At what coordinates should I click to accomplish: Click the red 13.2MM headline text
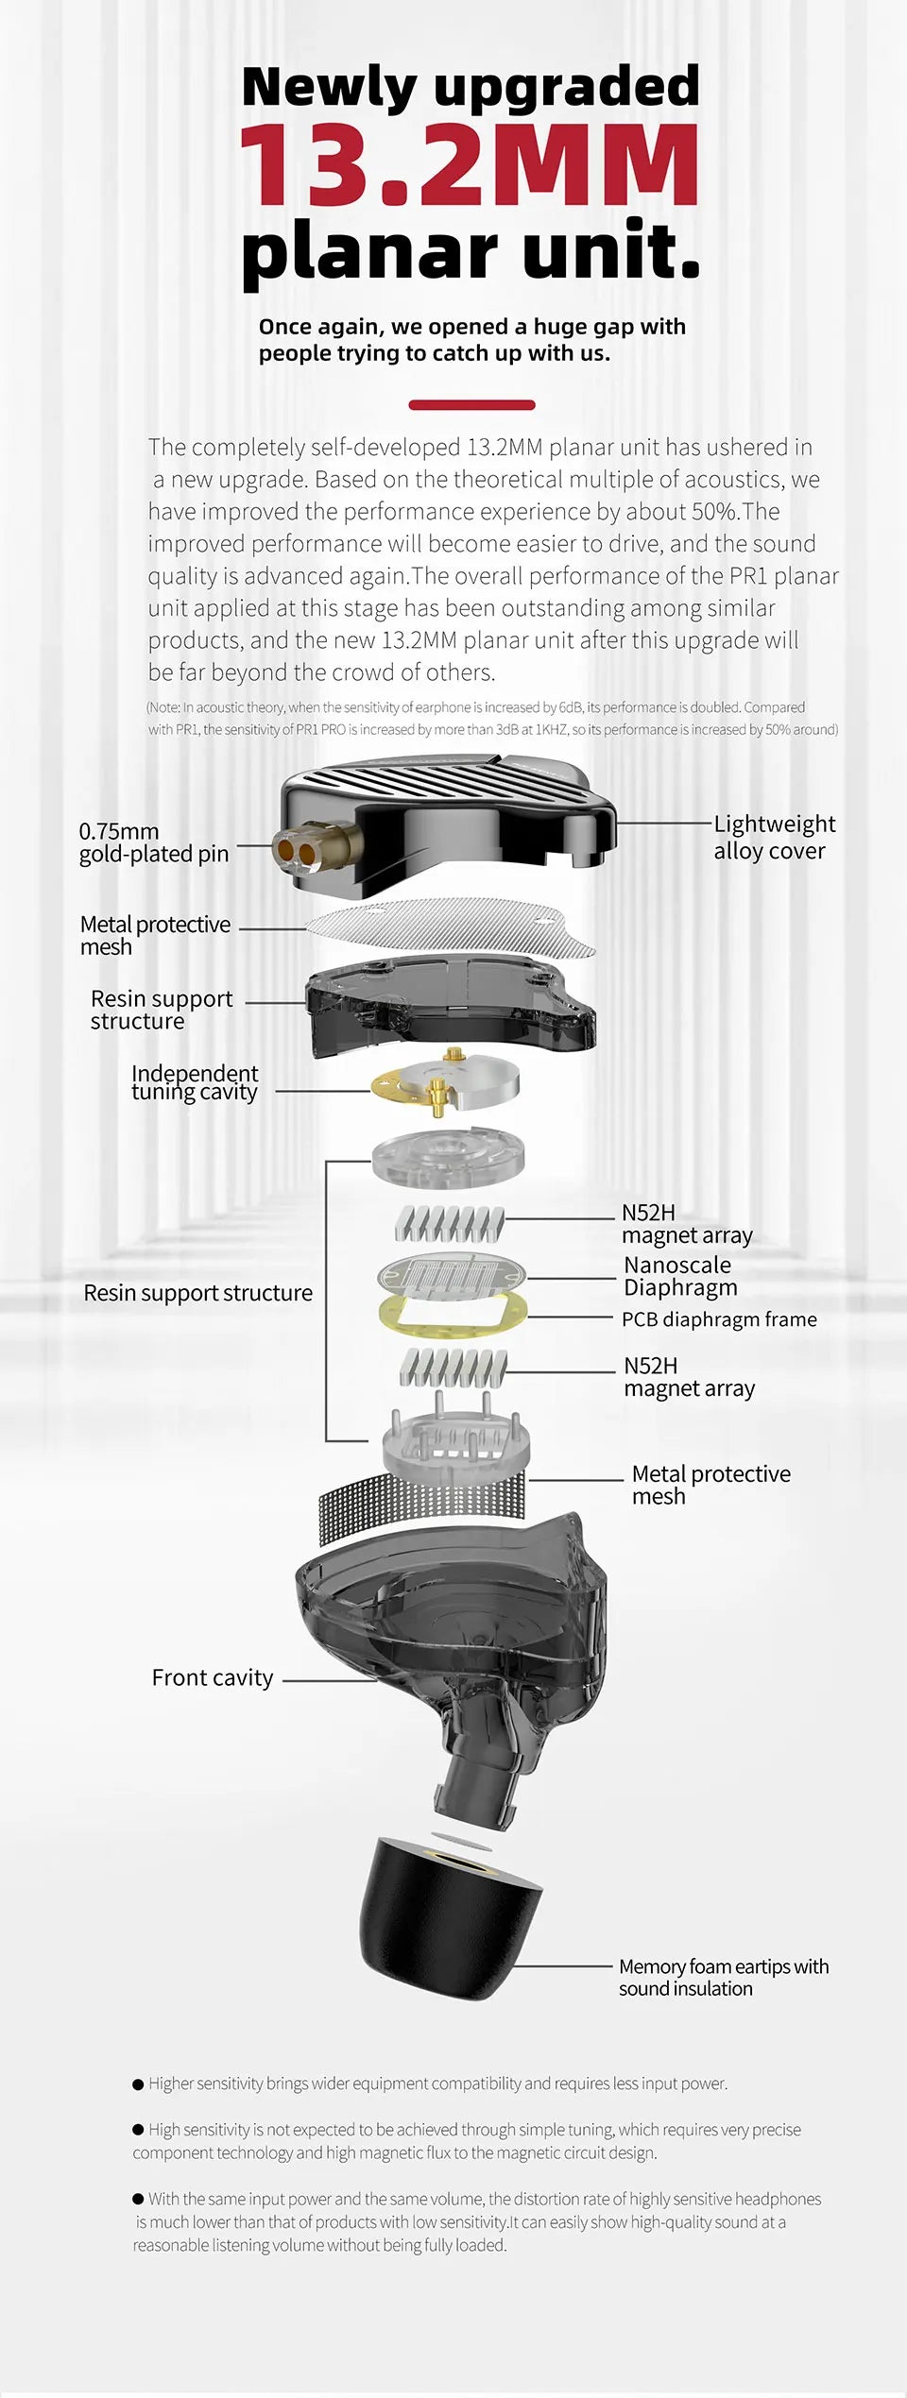(470, 166)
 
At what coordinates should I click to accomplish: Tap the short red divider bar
(471, 405)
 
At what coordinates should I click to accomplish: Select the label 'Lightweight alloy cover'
(773, 837)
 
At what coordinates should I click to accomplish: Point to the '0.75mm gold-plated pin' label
(153, 842)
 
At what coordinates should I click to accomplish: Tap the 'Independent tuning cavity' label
(194, 1082)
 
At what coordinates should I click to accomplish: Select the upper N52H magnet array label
(686, 1224)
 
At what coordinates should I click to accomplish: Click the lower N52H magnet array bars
(453, 1367)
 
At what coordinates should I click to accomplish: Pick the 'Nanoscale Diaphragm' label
(680, 1276)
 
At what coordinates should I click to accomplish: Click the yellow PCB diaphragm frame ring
(452, 1317)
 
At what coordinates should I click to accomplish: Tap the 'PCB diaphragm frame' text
(718, 1319)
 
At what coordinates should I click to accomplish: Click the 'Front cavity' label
(212, 1677)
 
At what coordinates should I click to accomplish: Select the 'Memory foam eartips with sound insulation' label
(723, 1977)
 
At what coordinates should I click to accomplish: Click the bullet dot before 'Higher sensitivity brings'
(138, 2083)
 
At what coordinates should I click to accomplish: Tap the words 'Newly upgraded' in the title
(470, 86)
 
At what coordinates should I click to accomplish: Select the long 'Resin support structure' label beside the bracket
(197, 1293)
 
